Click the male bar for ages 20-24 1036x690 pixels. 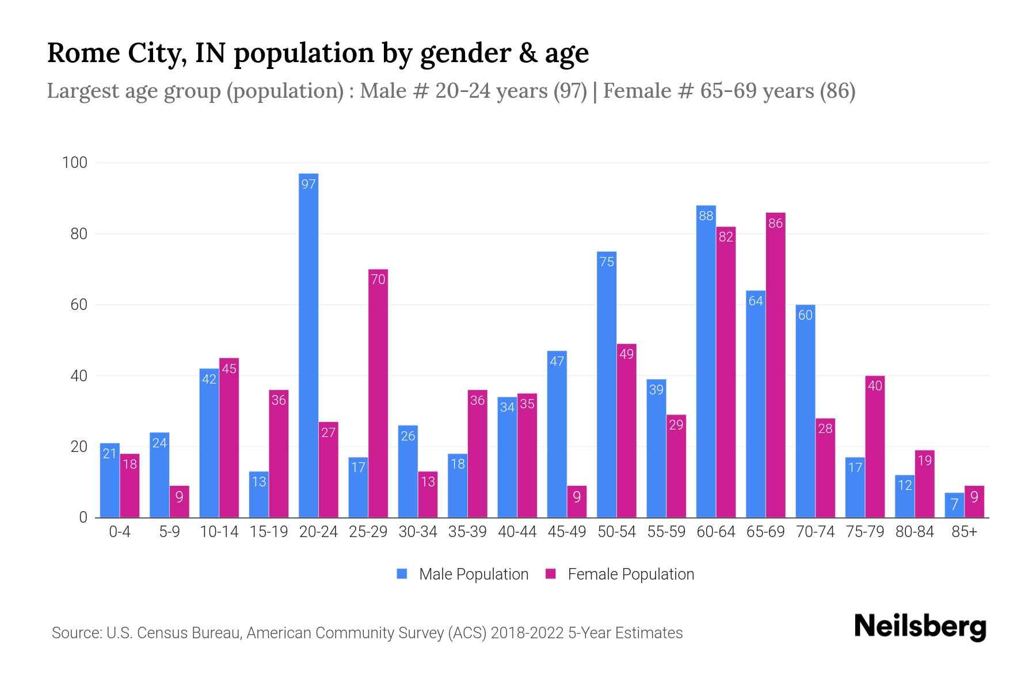point(308,345)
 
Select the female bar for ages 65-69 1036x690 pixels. point(775,365)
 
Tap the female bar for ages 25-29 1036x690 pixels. point(378,393)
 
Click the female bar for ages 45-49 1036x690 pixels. point(577,501)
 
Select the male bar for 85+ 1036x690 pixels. point(954,505)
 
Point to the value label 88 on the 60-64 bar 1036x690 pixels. point(706,216)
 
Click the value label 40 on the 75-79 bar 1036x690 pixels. point(874,386)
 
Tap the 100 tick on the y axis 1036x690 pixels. point(75,163)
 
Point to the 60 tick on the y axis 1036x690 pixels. point(79,305)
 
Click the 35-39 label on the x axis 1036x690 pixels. point(467,532)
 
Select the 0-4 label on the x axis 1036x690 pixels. point(120,532)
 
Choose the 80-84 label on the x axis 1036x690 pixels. point(915,532)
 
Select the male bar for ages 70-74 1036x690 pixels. point(805,411)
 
